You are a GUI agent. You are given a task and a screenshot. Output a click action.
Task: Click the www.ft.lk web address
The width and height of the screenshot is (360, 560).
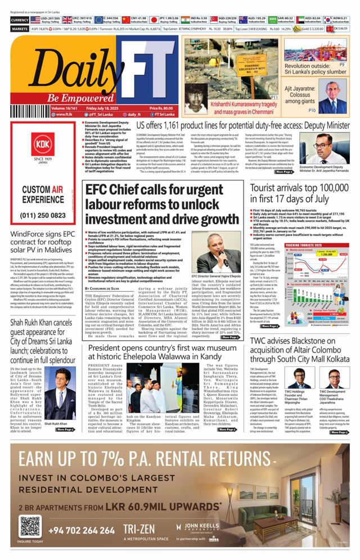[x=62, y=114]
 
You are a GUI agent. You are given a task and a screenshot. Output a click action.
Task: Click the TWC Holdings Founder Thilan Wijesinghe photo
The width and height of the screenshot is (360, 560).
[x=299, y=377]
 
